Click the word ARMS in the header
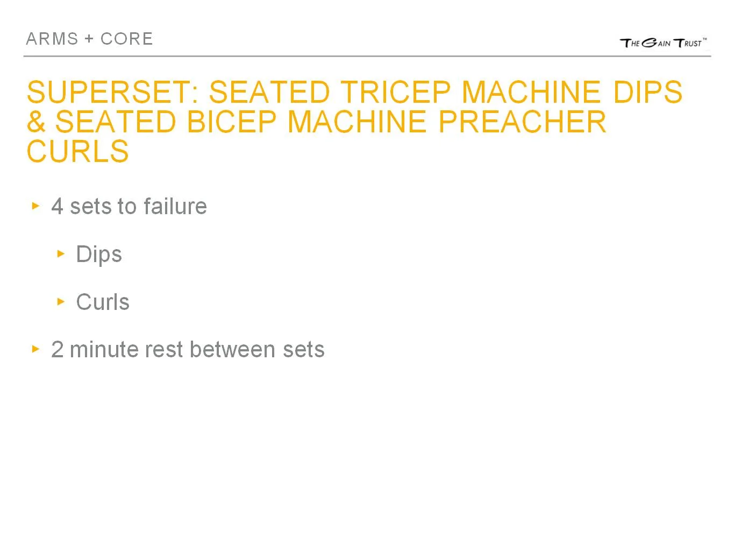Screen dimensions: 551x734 (52, 39)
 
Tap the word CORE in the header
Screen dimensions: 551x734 (127, 39)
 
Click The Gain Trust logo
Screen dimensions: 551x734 (663, 43)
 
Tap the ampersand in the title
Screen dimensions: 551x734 (36, 122)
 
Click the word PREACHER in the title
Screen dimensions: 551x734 (522, 122)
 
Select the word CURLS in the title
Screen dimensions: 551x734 (78, 151)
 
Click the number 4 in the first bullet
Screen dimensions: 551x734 (57, 207)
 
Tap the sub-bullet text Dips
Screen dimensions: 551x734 (99, 255)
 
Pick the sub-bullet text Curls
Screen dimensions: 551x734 (103, 302)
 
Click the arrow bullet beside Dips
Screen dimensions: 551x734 (61, 253)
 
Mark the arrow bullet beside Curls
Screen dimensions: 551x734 (61, 301)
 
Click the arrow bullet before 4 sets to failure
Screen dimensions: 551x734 (36, 206)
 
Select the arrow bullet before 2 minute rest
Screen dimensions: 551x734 (36, 349)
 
